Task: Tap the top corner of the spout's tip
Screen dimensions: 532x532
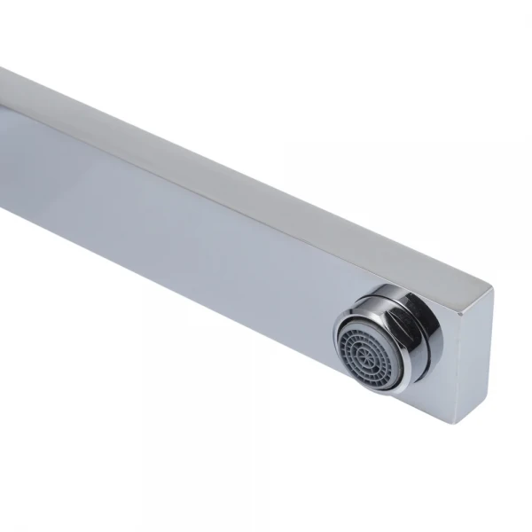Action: (490, 286)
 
